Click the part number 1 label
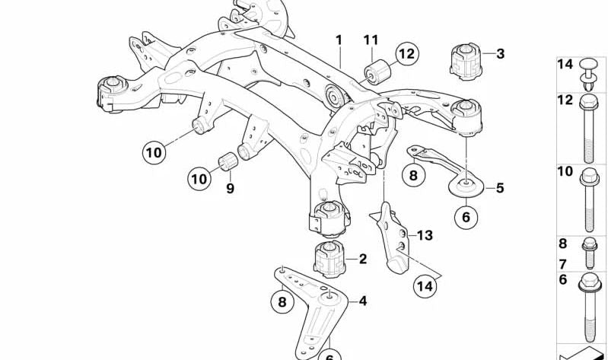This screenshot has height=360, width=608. click(x=339, y=40)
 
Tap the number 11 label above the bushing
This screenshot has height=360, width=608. click(x=371, y=40)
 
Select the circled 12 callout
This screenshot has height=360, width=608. click(x=407, y=53)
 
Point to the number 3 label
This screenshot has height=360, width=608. click(x=500, y=53)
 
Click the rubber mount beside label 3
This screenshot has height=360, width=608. click(x=466, y=62)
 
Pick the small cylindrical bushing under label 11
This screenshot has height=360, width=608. click(x=377, y=72)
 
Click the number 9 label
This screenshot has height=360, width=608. click(x=231, y=188)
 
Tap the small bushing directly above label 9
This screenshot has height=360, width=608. click(x=228, y=161)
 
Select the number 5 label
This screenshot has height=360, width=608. click(x=500, y=188)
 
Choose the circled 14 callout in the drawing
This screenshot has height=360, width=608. click(x=425, y=286)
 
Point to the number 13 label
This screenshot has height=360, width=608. click(x=425, y=235)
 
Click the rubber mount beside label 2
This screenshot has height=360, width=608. click(x=329, y=259)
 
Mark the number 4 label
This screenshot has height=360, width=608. click(x=362, y=301)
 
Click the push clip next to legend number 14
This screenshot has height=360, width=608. click(x=588, y=75)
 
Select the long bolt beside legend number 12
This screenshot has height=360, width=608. click(x=589, y=128)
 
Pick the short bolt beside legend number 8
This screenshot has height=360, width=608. click(x=590, y=253)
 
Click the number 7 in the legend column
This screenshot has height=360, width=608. click(x=562, y=264)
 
